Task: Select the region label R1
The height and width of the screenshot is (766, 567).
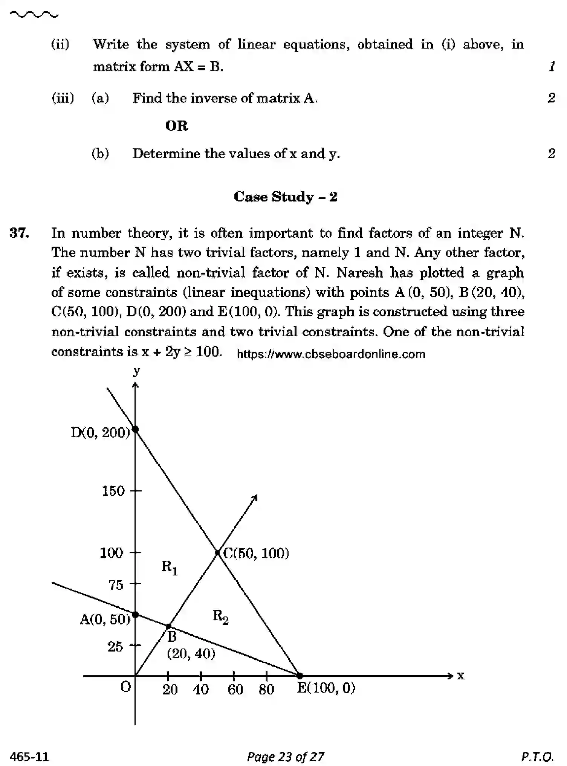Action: point(169,567)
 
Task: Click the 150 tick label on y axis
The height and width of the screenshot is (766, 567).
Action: point(113,491)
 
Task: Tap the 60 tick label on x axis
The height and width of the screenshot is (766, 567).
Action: point(235,690)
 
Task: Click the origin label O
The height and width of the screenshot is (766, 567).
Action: point(125,687)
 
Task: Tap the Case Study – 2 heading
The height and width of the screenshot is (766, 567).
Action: point(285,197)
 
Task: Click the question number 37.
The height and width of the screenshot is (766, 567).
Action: point(19,233)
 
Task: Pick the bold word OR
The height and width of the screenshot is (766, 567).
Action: point(176,126)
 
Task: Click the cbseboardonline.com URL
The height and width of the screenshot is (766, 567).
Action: point(331,354)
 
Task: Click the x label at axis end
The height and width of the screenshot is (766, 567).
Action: point(461,676)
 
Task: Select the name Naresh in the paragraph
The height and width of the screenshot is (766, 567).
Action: point(359,272)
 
